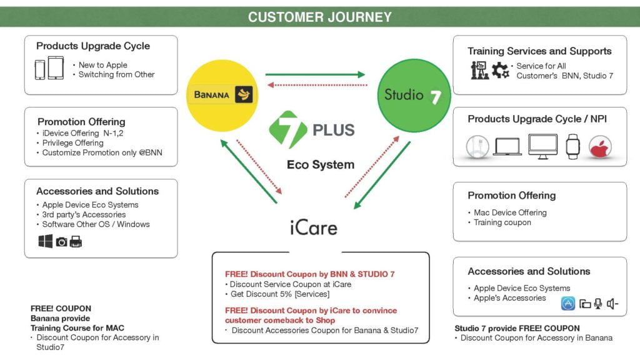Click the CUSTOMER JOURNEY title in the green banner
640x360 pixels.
(319, 17)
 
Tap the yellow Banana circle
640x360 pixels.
(222, 96)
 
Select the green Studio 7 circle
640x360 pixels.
(414, 96)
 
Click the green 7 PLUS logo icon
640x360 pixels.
(287, 129)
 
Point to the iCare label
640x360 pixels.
(314, 227)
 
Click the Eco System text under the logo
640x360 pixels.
(321, 164)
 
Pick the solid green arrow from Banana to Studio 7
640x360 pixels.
(315, 75)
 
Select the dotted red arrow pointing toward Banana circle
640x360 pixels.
(317, 85)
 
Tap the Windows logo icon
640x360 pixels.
(45, 241)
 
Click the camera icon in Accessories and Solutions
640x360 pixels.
(62, 242)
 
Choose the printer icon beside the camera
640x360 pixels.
(76, 242)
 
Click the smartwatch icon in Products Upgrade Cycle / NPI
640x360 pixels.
(572, 146)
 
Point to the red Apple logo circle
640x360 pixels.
(600, 147)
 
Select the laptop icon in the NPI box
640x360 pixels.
(507, 147)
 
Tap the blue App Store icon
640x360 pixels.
(567, 303)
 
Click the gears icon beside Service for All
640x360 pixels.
(501, 70)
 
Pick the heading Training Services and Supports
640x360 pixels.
(539, 51)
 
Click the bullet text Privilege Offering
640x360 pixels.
(72, 143)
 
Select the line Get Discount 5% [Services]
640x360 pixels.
(280, 294)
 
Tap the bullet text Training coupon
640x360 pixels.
(502, 222)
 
